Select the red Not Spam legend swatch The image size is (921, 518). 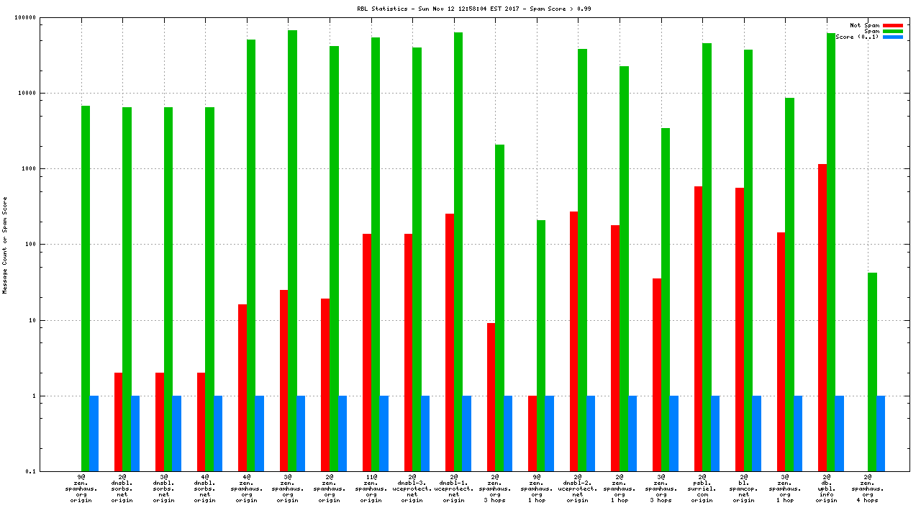pos(892,25)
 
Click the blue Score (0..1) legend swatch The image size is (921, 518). pos(892,37)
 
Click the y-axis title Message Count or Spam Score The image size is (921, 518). pos(5,245)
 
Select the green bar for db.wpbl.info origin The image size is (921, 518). pos(831,252)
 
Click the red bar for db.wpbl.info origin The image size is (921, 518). pos(822,317)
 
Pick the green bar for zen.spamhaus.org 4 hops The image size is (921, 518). pos(872,371)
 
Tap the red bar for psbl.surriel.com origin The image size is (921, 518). pos(698,328)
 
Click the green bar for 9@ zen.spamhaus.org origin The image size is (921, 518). pos(86,288)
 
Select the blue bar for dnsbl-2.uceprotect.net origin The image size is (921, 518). pos(591,433)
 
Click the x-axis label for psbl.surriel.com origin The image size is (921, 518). pos(702,489)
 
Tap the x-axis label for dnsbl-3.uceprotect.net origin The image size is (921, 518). pos(412,489)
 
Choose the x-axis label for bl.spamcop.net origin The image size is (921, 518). pos(744,489)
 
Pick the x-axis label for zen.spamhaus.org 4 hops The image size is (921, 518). pos(868,489)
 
